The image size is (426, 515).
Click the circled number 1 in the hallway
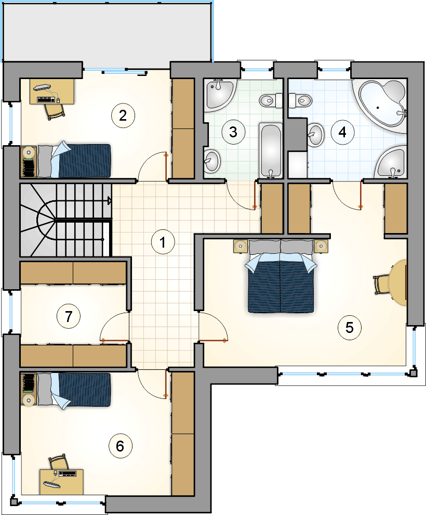163,242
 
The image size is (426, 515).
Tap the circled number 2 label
123,115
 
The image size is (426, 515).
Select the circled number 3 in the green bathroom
233,132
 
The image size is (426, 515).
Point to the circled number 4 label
342,132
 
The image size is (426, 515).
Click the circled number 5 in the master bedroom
350,327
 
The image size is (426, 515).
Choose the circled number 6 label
121,446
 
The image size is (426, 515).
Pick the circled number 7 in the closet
69,317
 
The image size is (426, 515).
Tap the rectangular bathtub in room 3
271,151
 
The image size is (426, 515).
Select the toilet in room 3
271,100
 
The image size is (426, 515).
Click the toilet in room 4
300,100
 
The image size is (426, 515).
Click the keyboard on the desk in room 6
67,473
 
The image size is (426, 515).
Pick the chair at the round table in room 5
380,285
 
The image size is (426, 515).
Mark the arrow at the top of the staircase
110,201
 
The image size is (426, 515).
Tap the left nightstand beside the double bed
241,246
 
